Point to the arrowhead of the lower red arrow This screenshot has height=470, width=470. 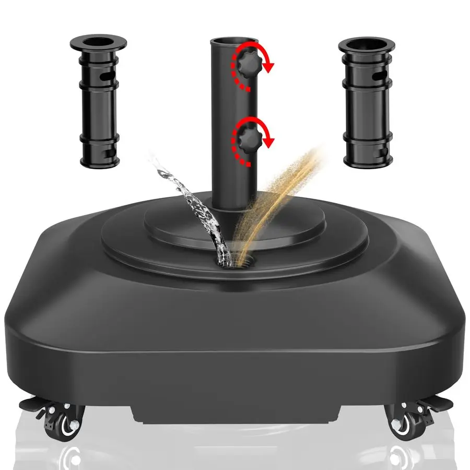(269, 140)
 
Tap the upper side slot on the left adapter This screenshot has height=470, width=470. (108, 76)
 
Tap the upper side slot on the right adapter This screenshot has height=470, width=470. (384, 76)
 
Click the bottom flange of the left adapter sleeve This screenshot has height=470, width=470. (99, 160)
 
